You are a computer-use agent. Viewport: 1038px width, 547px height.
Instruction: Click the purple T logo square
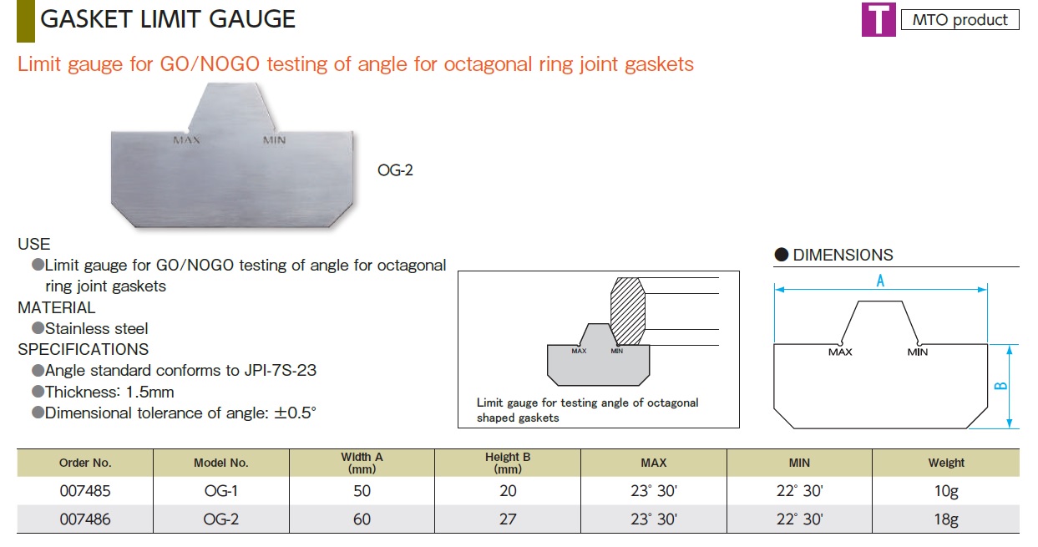(879, 19)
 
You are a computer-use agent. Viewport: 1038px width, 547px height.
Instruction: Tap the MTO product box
(960, 20)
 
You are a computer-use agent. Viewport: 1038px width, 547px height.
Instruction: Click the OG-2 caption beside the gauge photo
(395, 170)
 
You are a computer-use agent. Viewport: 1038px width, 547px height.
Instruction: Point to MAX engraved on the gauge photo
(186, 140)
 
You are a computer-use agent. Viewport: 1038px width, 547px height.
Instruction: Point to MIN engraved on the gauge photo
(275, 140)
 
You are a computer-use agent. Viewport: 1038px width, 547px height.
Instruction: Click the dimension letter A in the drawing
(880, 281)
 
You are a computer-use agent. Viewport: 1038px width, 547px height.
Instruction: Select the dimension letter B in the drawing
(1001, 386)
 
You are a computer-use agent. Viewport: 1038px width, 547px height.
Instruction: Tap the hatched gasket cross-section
(627, 311)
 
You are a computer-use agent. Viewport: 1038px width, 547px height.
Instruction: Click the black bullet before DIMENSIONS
(782, 255)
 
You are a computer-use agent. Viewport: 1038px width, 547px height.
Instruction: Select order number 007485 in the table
(85, 490)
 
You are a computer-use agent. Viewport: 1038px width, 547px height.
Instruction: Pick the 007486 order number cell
(85, 519)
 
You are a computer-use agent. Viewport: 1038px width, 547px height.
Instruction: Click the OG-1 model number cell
(221, 490)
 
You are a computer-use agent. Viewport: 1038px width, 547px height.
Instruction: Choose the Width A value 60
(362, 519)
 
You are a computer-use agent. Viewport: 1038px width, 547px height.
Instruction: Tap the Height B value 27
(508, 519)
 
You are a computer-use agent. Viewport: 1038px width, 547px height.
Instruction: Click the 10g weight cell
(946, 490)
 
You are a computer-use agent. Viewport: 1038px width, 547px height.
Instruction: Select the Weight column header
(946, 463)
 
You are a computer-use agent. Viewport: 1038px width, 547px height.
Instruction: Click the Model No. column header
(221, 463)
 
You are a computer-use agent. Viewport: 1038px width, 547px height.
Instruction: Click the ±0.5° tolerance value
(295, 413)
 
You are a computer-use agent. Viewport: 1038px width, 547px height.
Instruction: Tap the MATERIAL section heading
(57, 307)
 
